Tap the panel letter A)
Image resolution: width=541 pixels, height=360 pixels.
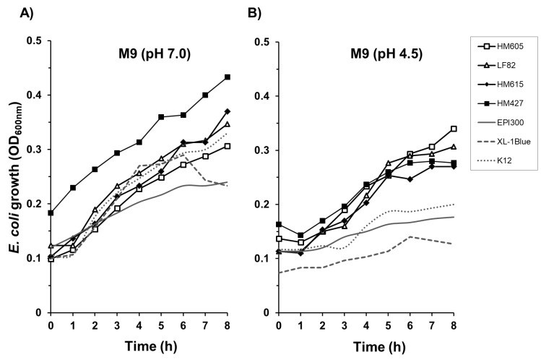point(11,12)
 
